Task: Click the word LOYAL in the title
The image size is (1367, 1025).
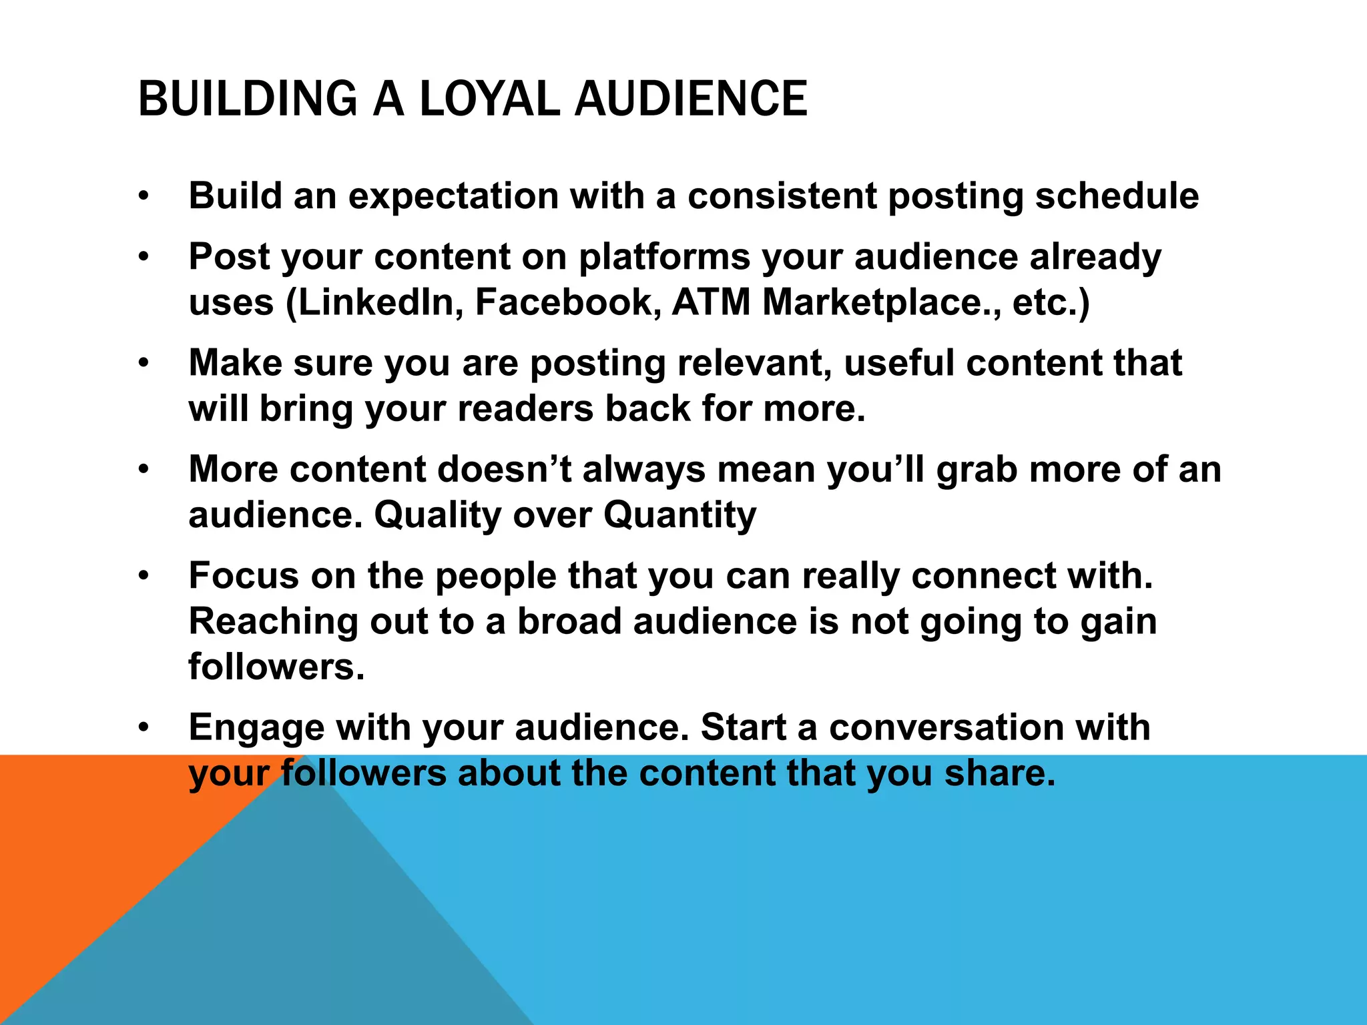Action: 489,99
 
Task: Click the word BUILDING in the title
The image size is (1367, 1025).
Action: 248,99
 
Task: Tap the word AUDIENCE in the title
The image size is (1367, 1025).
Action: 691,99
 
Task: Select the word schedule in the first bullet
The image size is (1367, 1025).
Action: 1116,196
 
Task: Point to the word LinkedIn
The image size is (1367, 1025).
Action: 375,302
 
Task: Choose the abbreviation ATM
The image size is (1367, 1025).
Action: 711,302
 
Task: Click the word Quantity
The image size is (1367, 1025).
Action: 679,515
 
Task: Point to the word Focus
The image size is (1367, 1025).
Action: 244,575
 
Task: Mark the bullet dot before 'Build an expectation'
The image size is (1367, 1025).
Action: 144,197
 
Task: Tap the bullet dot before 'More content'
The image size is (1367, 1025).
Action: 144,470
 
